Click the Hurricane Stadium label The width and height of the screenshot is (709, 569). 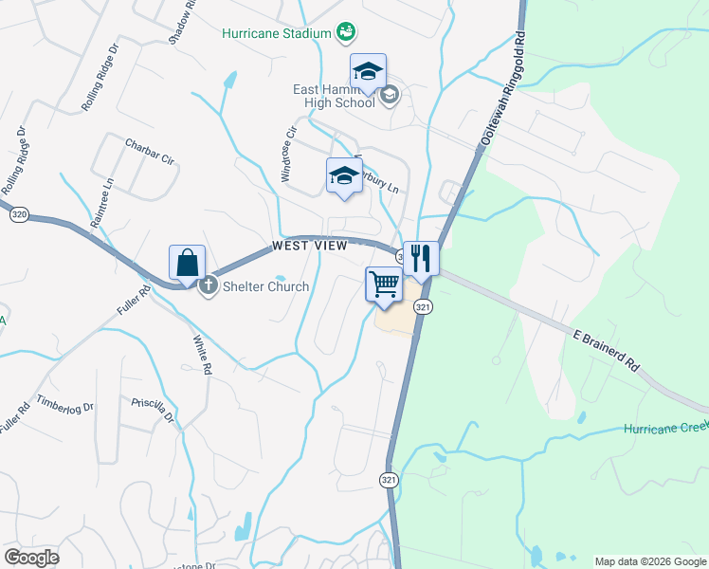point(275,32)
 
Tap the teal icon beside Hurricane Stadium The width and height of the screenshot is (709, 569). point(346,32)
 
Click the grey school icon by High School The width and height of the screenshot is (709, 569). point(389,94)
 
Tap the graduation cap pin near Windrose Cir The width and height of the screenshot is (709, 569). point(344,176)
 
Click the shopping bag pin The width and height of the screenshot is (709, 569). point(188,264)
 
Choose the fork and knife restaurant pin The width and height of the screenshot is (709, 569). point(421,259)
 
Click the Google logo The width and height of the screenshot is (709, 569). point(32,558)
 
